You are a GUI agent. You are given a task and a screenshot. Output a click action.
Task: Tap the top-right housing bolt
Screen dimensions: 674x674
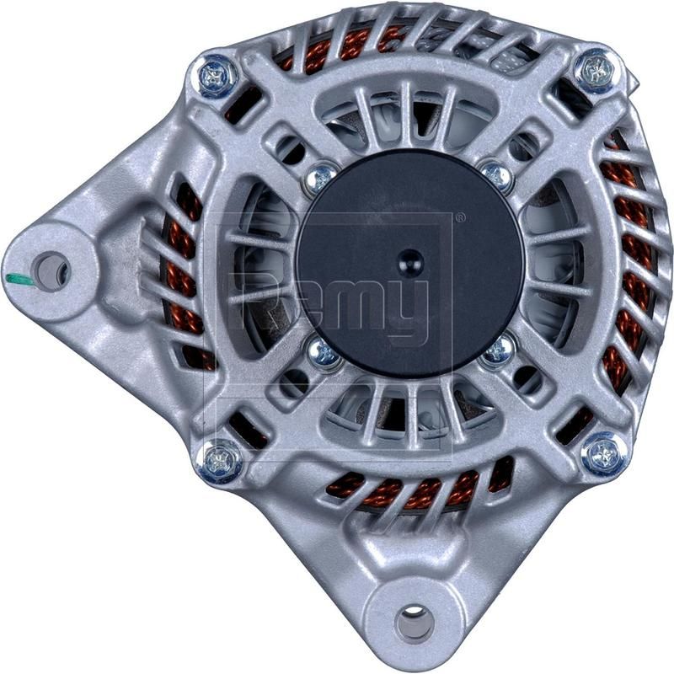(596, 69)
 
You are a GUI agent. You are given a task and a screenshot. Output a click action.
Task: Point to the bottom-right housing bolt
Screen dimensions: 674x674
(604, 454)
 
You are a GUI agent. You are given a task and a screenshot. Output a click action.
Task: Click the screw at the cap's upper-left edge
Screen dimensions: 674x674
(320, 177)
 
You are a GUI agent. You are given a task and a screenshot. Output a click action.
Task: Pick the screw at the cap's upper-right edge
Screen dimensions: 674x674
(498, 174)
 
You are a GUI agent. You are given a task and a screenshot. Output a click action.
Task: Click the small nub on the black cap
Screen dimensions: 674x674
(409, 259)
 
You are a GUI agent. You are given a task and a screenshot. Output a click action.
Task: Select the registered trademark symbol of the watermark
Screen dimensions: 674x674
(458, 218)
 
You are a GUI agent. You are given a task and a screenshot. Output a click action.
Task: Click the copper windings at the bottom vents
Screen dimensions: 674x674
(404, 493)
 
